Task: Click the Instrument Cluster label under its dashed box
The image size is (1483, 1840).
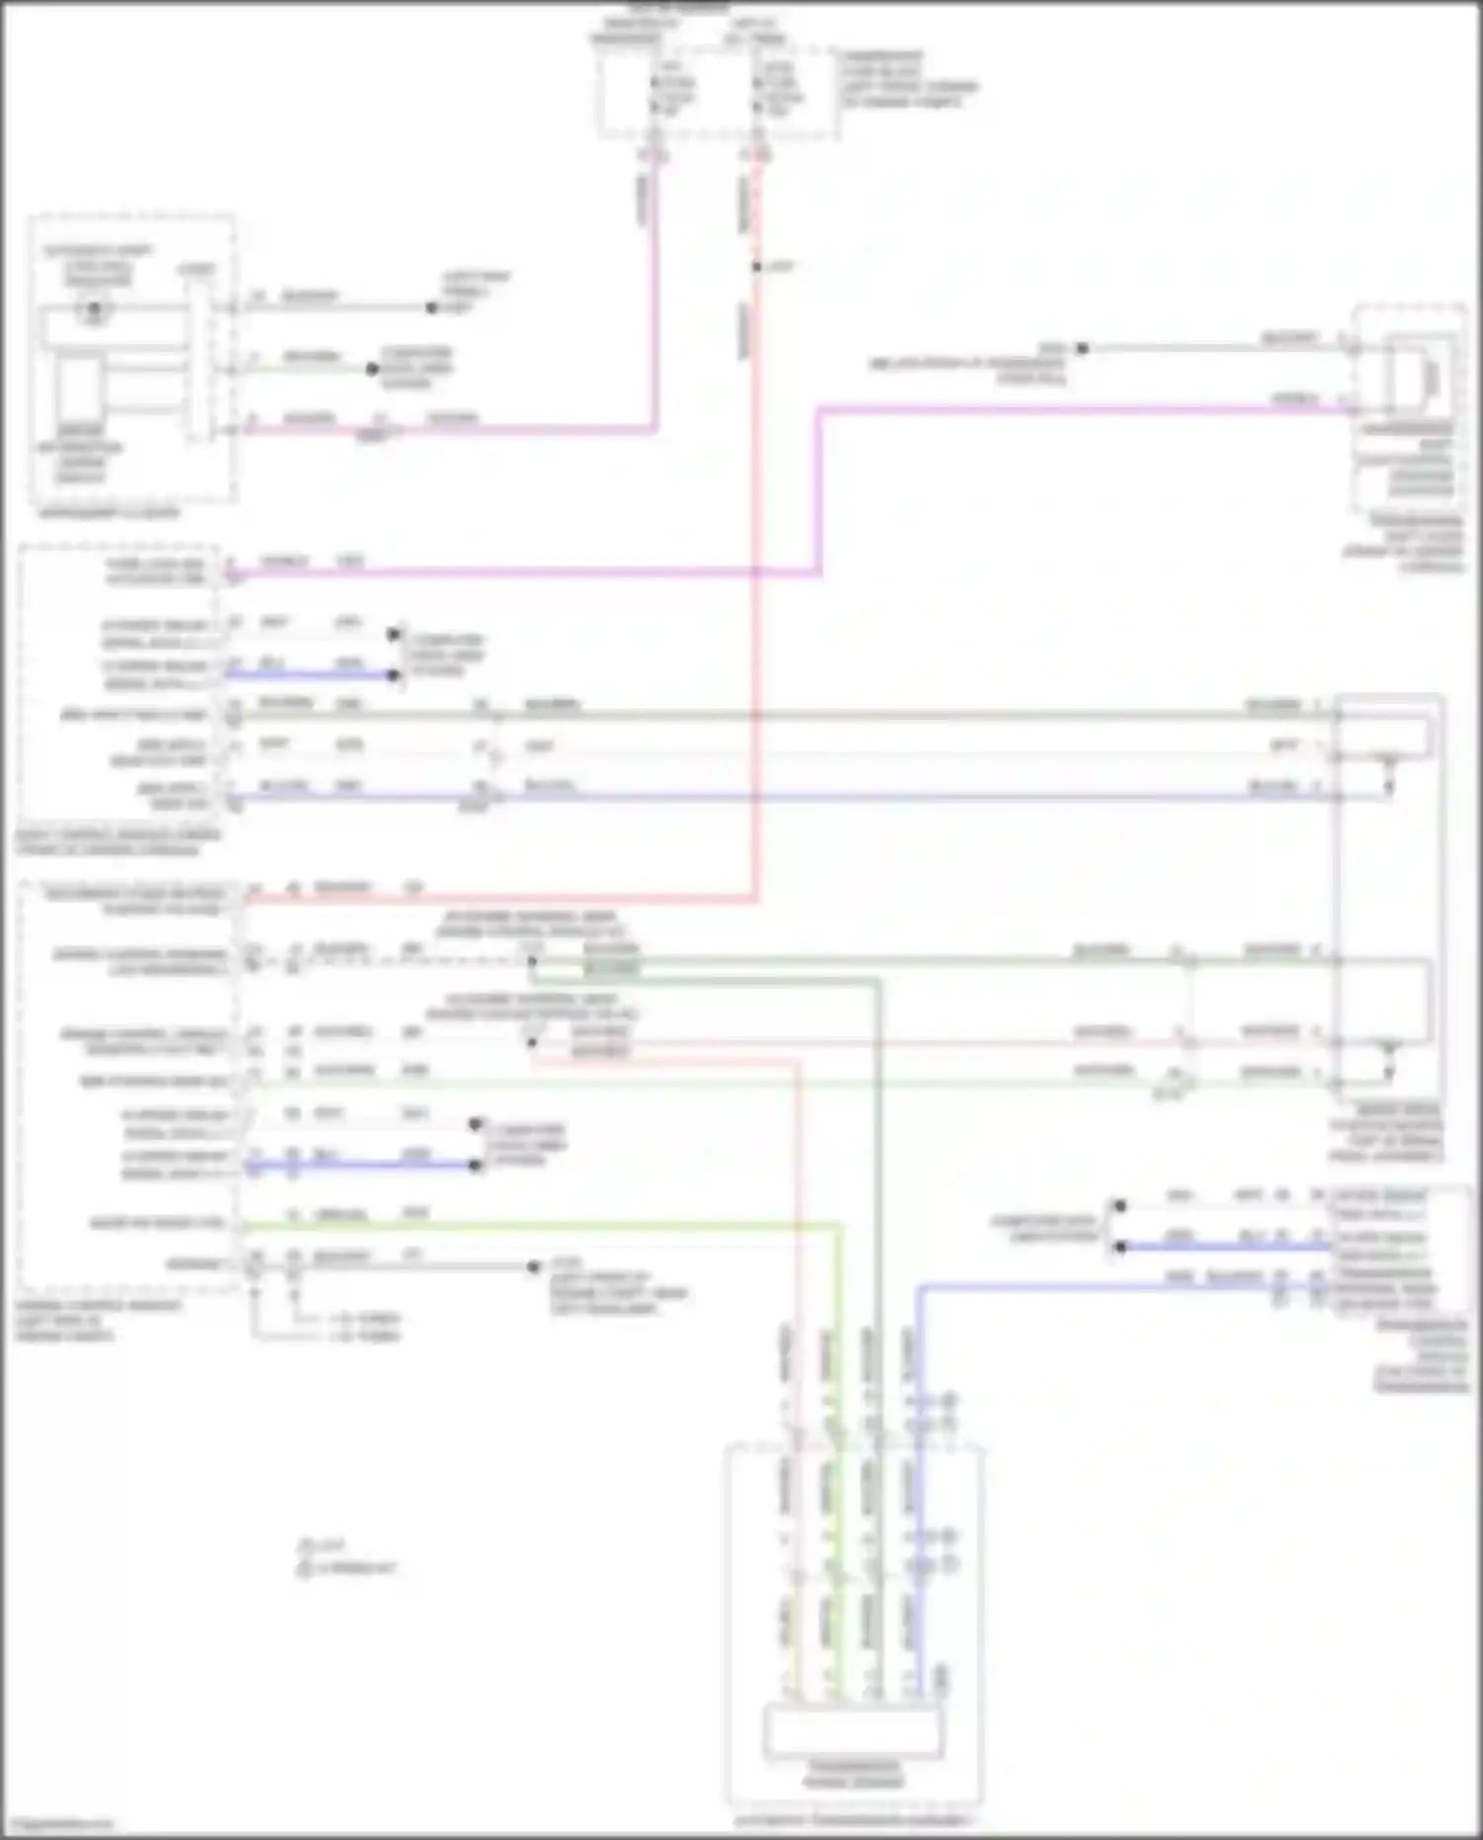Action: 109,513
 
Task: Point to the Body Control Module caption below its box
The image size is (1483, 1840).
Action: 117,841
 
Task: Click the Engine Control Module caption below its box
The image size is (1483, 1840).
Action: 97,1320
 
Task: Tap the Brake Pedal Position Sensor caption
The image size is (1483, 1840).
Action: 1386,1133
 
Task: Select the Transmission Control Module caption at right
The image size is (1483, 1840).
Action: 1422,1355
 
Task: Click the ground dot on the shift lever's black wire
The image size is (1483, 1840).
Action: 1082,348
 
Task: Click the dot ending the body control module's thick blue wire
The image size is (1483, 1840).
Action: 393,675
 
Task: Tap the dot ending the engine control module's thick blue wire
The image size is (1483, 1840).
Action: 476,1166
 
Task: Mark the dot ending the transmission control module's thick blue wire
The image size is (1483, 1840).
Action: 1119,1247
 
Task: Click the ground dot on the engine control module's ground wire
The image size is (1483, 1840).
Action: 534,1267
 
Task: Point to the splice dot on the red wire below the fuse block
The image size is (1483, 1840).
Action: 756,267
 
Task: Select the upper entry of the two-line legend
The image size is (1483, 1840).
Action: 323,1543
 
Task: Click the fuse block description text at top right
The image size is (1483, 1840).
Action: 908,79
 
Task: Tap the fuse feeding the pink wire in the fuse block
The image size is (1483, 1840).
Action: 654,95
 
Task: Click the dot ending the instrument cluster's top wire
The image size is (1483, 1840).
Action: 431,307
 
